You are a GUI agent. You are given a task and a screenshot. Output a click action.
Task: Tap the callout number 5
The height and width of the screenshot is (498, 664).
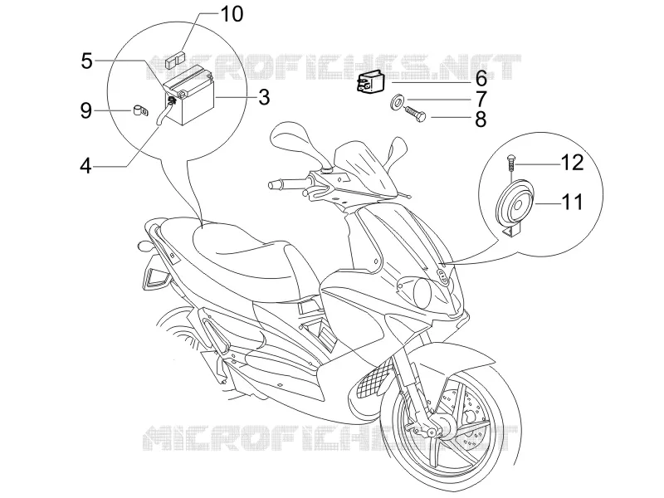click(86, 61)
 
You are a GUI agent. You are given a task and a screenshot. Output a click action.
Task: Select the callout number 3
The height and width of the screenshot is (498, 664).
click(264, 97)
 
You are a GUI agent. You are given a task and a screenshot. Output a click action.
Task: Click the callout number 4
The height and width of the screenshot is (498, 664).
click(86, 166)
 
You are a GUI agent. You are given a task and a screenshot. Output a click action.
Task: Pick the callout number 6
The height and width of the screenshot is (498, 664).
click(481, 79)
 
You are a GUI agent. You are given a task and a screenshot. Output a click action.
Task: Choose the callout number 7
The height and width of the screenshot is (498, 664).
click(481, 100)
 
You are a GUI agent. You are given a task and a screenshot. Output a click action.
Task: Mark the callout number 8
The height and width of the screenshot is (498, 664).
click(481, 120)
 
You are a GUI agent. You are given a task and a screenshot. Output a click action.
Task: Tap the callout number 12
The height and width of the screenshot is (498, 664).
click(573, 163)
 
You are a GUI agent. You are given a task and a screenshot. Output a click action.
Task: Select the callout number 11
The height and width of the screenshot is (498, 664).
click(573, 202)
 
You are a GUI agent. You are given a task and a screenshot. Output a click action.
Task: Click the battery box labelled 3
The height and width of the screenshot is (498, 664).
click(189, 96)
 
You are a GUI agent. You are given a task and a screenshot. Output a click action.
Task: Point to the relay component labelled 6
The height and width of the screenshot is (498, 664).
click(369, 81)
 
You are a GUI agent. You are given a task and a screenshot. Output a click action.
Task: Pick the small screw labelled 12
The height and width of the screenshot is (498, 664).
click(511, 164)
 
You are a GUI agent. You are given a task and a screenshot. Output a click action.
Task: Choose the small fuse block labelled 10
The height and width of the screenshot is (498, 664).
click(175, 60)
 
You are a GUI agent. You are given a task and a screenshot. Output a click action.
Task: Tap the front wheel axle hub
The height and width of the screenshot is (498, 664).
click(432, 432)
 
